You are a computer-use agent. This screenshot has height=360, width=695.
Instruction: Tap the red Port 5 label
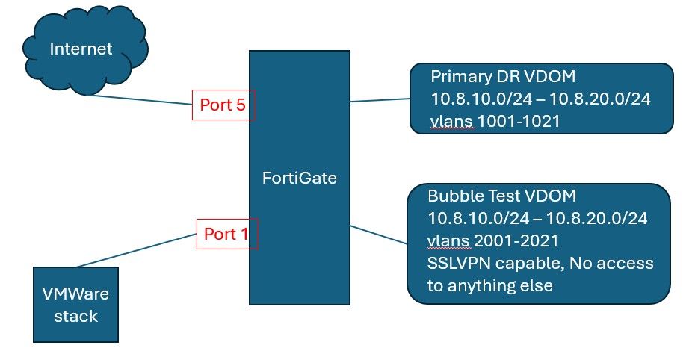[x=223, y=106]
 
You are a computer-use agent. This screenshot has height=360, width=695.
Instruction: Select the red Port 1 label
[x=226, y=234]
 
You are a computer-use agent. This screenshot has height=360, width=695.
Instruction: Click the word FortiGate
[x=299, y=179]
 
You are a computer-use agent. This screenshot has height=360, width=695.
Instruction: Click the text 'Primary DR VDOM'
[x=492, y=78]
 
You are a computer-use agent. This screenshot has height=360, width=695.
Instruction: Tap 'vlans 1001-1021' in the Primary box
[x=495, y=122]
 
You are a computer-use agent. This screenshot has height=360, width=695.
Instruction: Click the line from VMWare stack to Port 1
[x=135, y=249]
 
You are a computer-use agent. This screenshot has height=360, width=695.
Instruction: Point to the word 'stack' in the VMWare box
[x=78, y=316]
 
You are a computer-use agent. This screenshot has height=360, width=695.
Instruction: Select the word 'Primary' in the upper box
[x=458, y=78]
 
